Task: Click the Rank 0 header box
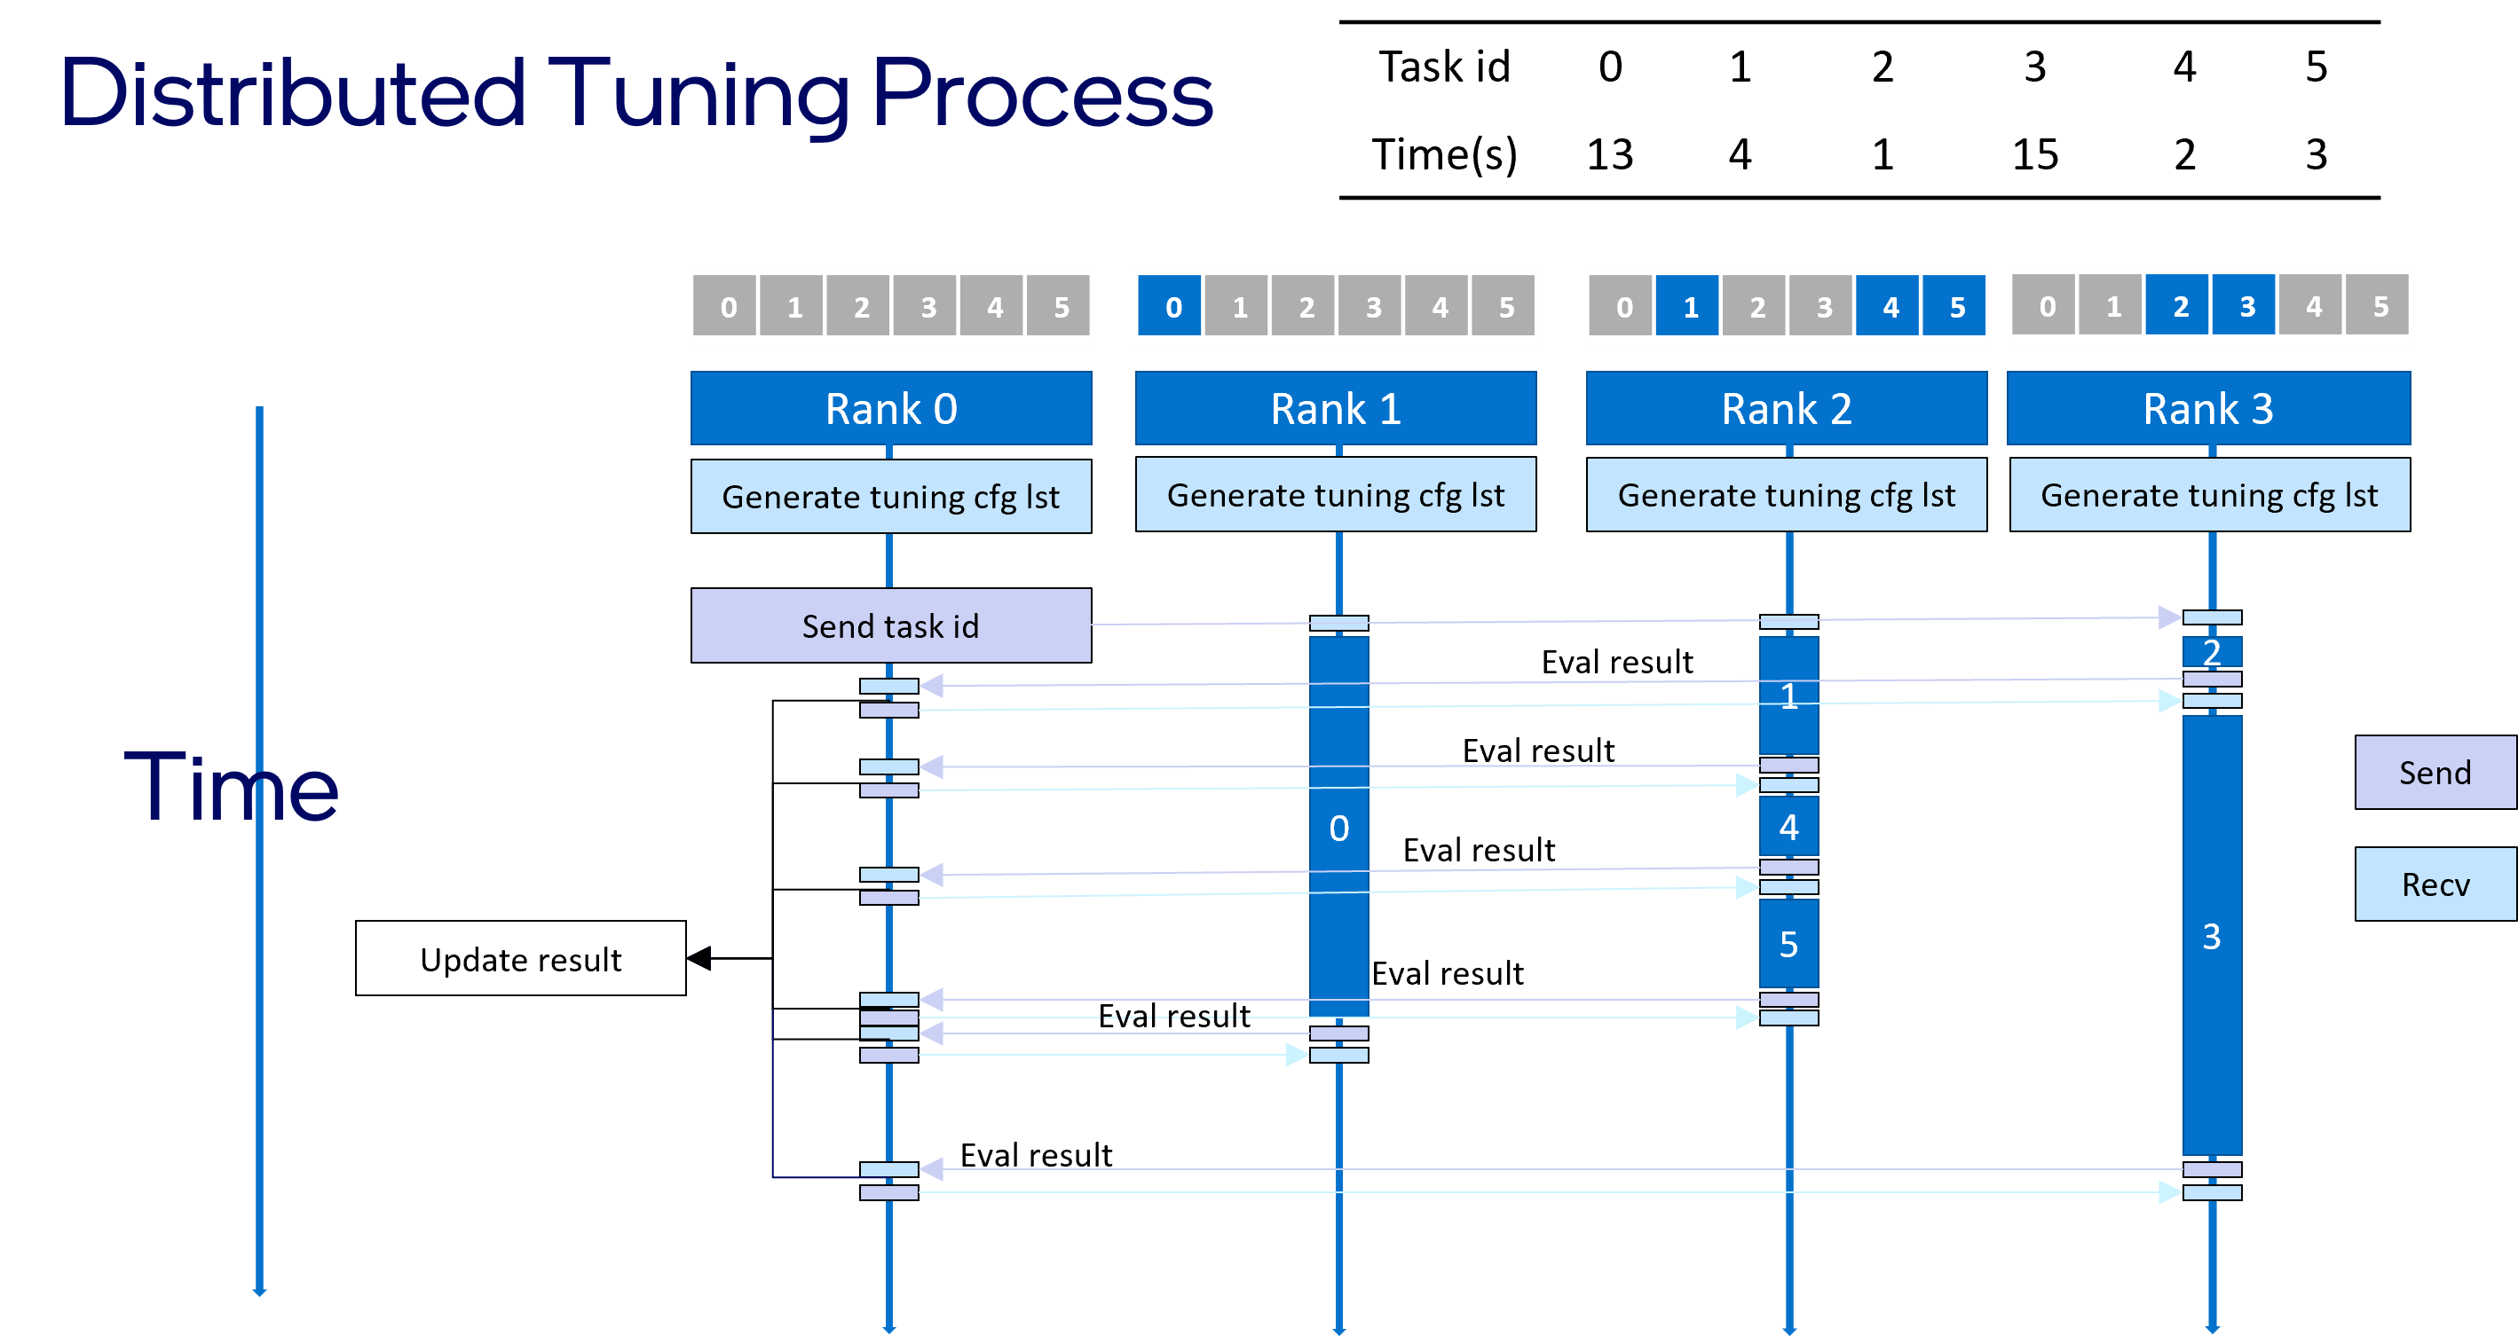[890, 409]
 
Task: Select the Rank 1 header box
[1335, 409]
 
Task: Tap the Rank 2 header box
[1786, 409]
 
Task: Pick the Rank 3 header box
[2208, 409]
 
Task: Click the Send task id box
[890, 625]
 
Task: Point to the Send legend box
[2434, 772]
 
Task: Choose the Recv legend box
[2434, 884]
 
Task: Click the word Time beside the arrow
[232, 787]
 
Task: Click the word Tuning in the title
[698, 95]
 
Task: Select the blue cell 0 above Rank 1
[1173, 308]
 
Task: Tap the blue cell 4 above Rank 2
[1890, 308]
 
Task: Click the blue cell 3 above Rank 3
[2246, 307]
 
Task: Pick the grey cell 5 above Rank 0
[1061, 308]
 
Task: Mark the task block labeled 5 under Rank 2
[1788, 943]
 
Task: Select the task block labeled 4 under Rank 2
[1788, 827]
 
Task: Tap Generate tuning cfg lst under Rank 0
[890, 497]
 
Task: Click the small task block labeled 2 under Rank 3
[2211, 652]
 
